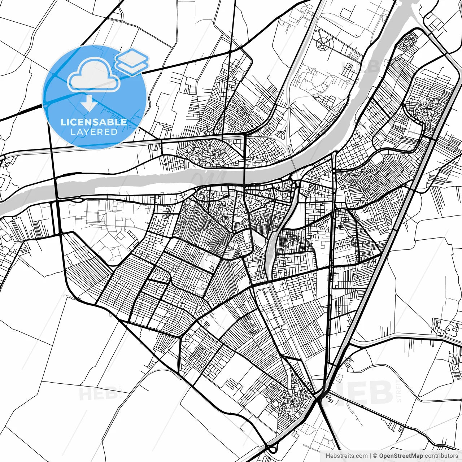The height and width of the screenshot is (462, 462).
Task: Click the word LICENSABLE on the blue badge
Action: point(94,122)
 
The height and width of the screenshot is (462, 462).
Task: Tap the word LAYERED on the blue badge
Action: point(94,132)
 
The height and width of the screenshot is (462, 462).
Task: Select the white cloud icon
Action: point(94,75)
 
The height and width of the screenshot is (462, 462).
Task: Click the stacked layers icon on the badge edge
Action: point(132,61)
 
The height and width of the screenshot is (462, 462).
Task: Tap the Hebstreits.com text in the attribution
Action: point(346,456)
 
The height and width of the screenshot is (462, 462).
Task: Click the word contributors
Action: point(441,456)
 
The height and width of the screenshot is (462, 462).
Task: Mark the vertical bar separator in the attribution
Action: point(371,456)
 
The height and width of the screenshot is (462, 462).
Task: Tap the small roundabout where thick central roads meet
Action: point(234,231)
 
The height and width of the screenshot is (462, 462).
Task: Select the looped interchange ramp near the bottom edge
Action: point(271,448)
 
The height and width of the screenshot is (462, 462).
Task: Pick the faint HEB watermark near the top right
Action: point(361,67)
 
